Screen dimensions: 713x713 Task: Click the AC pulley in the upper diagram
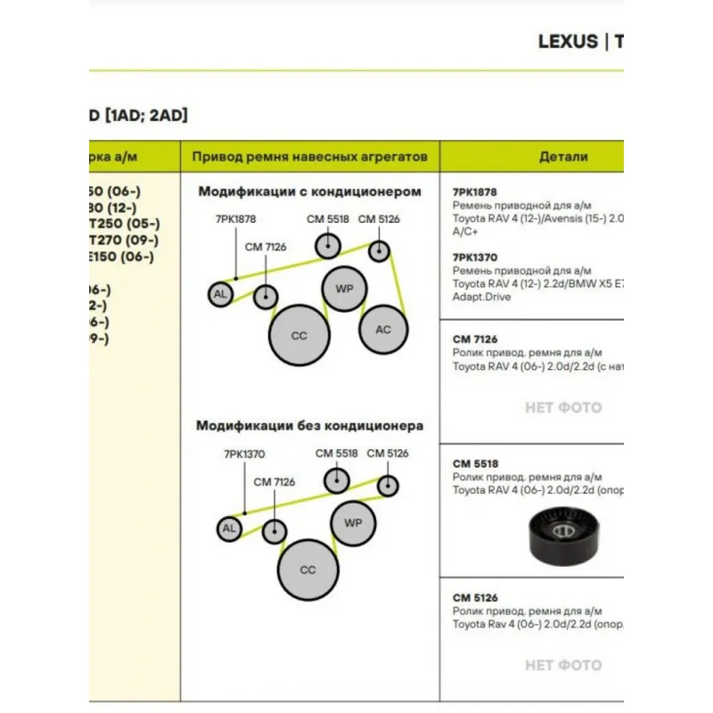[x=382, y=330]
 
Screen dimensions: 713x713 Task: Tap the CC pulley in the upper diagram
[x=299, y=336]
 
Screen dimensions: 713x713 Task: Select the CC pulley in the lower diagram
[x=307, y=570]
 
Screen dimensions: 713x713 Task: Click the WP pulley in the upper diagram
[x=344, y=288]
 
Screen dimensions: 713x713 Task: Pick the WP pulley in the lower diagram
[x=353, y=522]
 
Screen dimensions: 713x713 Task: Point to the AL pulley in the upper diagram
[x=219, y=294]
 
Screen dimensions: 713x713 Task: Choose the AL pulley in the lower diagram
[x=229, y=529]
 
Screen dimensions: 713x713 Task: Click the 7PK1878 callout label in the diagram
[x=235, y=218]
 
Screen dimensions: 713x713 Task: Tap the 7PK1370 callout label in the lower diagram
[x=244, y=454]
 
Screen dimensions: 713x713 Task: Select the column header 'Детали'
[x=563, y=157]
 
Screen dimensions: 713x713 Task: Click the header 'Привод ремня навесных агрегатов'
[x=310, y=157]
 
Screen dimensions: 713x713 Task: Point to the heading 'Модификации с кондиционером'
[x=309, y=192]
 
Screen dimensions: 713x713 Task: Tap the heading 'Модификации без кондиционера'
[x=309, y=426]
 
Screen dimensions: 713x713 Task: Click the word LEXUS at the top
[x=568, y=42]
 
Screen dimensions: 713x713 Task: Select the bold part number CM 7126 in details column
[x=475, y=340]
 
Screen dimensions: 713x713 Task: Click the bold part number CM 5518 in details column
[x=475, y=463]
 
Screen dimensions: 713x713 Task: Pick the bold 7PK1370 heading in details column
[x=475, y=257]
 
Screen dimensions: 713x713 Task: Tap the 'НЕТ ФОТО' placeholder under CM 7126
[x=563, y=408]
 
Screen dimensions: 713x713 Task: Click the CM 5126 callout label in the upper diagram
[x=379, y=219]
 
